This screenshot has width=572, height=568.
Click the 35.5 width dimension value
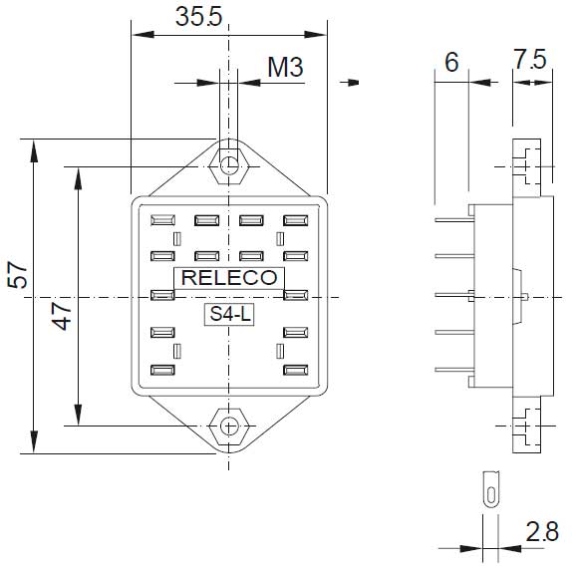[x=197, y=17]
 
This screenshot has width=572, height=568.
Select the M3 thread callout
[x=284, y=68]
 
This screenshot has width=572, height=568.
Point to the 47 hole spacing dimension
[x=61, y=317]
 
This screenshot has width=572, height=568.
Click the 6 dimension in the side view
[x=450, y=63]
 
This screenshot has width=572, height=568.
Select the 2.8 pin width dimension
[x=544, y=532]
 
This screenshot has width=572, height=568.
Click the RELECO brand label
[x=230, y=279]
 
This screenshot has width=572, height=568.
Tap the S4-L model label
[x=229, y=315]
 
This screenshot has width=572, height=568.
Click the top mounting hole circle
[x=230, y=164]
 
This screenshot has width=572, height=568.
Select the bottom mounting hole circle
[x=230, y=426]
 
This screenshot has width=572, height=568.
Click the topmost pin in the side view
[x=451, y=209]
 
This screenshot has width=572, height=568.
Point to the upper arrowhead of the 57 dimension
[x=34, y=149]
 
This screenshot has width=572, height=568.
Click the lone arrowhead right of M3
[x=351, y=83]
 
